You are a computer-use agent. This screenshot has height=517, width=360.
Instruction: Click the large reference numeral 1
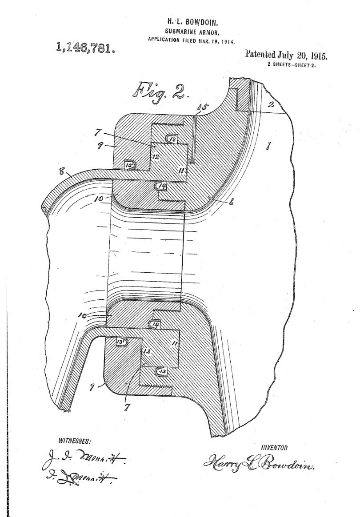tap(268, 146)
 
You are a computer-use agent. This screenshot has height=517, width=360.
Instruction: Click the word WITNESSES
tap(75, 441)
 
